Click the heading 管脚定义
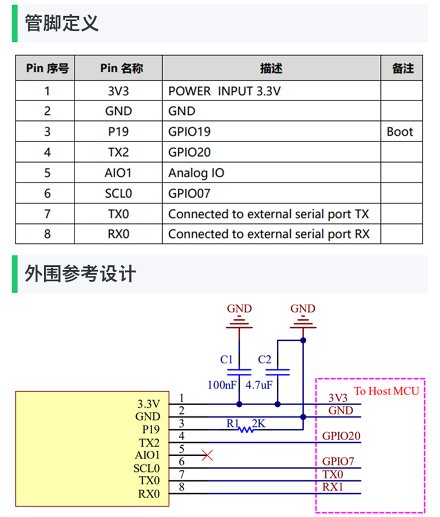[x=62, y=23]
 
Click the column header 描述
[x=271, y=68]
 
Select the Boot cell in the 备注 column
[x=400, y=132]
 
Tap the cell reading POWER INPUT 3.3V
[x=224, y=91]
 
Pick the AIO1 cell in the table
[x=118, y=173]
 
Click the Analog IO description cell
[x=196, y=173]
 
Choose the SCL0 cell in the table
[x=118, y=193]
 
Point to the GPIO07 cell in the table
[x=189, y=193]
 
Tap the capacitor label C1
[x=227, y=359]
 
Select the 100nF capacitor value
[x=221, y=385]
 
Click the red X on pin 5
[x=207, y=456]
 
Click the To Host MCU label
[x=386, y=391]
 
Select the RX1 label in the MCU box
[x=333, y=486]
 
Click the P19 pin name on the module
[x=150, y=430]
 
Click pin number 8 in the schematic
[x=182, y=487]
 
